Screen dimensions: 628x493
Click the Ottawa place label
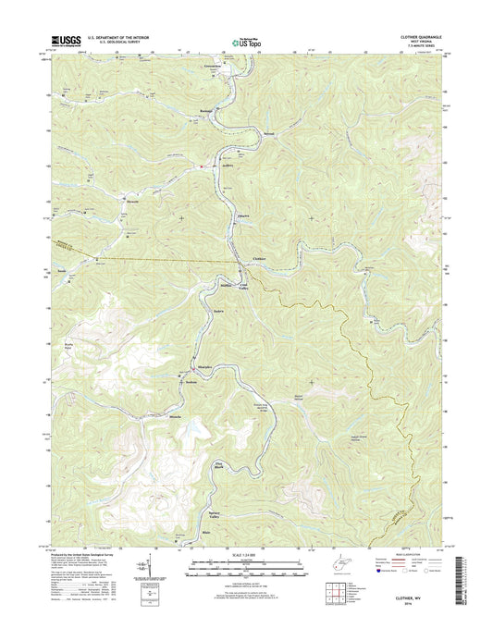245,215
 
